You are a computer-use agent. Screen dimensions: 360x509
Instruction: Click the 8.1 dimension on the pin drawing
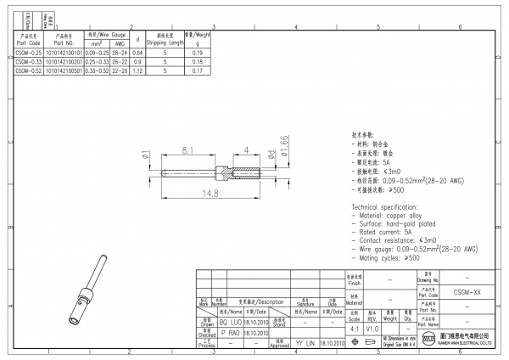tap(188, 151)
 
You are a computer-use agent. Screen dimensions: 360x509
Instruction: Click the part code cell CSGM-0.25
tap(30, 53)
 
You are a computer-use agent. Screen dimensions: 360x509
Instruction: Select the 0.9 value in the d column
tap(137, 62)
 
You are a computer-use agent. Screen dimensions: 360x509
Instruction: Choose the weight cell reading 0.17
tap(198, 71)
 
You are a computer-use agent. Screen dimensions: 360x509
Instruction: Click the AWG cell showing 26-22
tap(120, 62)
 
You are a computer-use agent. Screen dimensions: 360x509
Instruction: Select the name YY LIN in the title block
tap(305, 344)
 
